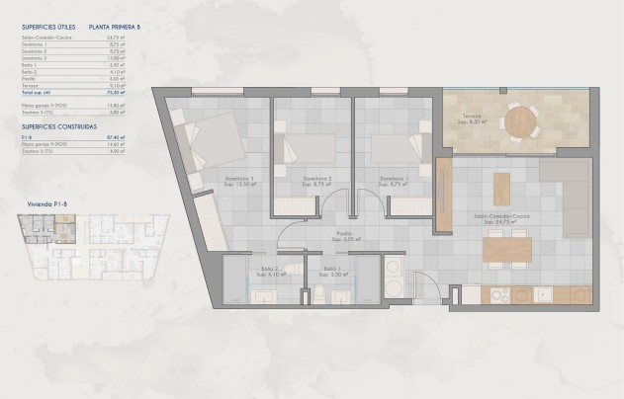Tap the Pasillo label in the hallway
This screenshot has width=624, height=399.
coord(343,237)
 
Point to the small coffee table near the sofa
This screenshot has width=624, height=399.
coord(502,188)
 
